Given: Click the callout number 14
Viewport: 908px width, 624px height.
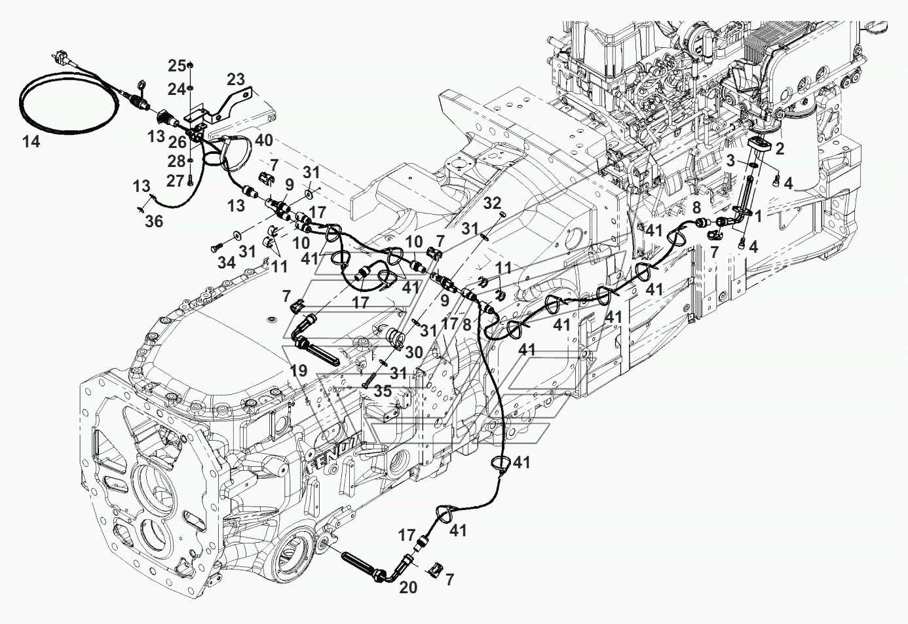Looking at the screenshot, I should click(x=31, y=141).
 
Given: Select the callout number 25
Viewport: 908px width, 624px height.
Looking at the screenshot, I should click(x=176, y=65).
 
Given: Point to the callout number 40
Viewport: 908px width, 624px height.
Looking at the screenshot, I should click(x=264, y=140).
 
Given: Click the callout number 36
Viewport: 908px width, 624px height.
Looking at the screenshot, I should click(x=155, y=222).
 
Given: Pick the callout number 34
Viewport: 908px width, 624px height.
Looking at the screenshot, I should click(x=227, y=263).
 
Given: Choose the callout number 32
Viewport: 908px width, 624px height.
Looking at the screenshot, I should click(x=492, y=202).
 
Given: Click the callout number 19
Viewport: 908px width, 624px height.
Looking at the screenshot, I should click(x=299, y=371).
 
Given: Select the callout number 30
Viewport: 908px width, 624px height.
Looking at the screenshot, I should click(x=413, y=353).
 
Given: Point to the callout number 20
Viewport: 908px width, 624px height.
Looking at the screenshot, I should click(x=407, y=587).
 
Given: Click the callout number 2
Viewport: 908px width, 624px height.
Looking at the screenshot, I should click(x=779, y=149).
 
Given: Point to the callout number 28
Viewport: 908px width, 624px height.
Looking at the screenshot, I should click(x=176, y=161).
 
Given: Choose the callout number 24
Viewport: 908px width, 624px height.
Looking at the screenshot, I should click(x=176, y=88).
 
